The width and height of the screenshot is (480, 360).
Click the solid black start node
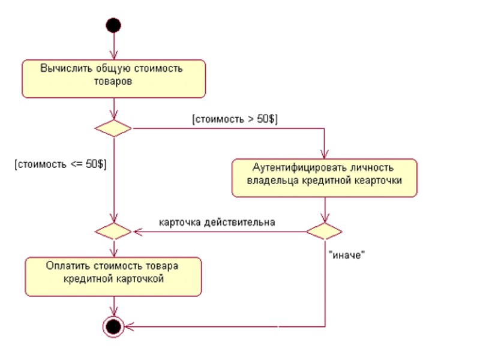113,25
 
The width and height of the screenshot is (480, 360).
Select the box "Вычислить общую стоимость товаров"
113,79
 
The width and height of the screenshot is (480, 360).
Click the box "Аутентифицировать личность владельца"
325,177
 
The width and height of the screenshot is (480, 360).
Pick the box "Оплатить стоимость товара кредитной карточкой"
113,276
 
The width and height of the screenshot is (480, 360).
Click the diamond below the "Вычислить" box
113,128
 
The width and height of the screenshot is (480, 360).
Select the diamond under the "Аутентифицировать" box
325,231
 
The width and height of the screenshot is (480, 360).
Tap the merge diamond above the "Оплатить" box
113,231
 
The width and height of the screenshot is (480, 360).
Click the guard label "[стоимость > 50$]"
235,119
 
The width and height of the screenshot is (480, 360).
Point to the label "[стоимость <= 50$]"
61,164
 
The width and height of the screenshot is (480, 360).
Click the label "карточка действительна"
217,222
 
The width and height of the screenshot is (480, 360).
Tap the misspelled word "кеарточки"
380,180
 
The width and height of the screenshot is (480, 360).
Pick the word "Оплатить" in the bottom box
65,265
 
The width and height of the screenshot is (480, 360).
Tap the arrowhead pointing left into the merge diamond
136,231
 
